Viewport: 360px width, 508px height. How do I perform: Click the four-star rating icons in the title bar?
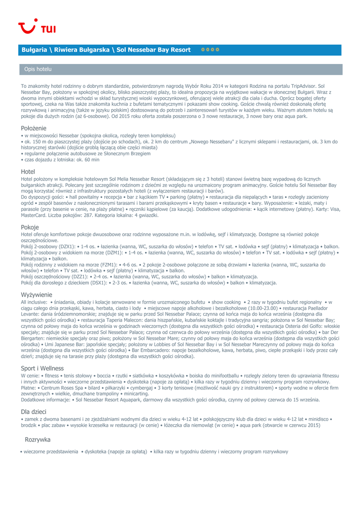(211, 50)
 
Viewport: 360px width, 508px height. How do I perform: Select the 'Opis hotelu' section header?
(35, 69)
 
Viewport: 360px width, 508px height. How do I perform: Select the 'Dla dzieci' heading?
(34, 411)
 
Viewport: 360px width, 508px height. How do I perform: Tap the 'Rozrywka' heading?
(38, 440)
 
